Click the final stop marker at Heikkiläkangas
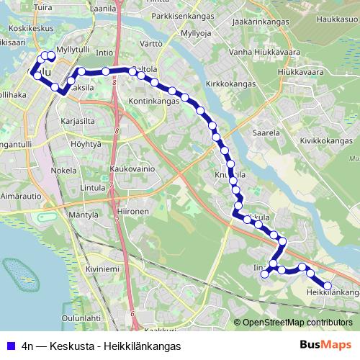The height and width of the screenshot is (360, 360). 328,287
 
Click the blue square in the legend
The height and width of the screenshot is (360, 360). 9,345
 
